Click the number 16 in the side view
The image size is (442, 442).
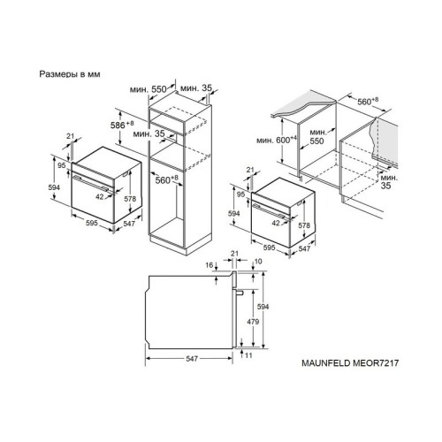coord(210,265)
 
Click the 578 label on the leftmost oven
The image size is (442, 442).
coord(131,199)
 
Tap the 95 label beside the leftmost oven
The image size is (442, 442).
coord(63,165)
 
